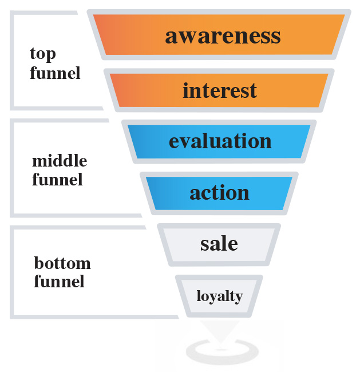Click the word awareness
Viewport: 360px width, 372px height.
click(223, 36)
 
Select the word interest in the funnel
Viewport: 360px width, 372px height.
click(220, 90)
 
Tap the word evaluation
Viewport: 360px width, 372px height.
click(220, 141)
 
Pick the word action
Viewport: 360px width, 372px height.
click(219, 192)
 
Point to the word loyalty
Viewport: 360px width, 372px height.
click(219, 296)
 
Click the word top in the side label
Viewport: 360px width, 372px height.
click(43, 54)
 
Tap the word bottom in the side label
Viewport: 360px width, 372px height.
click(62, 264)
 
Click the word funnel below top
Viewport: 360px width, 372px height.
click(55, 73)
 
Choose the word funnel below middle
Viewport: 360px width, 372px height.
click(57, 180)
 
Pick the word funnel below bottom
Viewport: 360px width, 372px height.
click(59, 282)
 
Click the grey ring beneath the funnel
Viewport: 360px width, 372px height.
click(219, 350)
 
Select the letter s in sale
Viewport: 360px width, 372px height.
click(204, 244)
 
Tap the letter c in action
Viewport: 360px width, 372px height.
click(207, 193)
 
